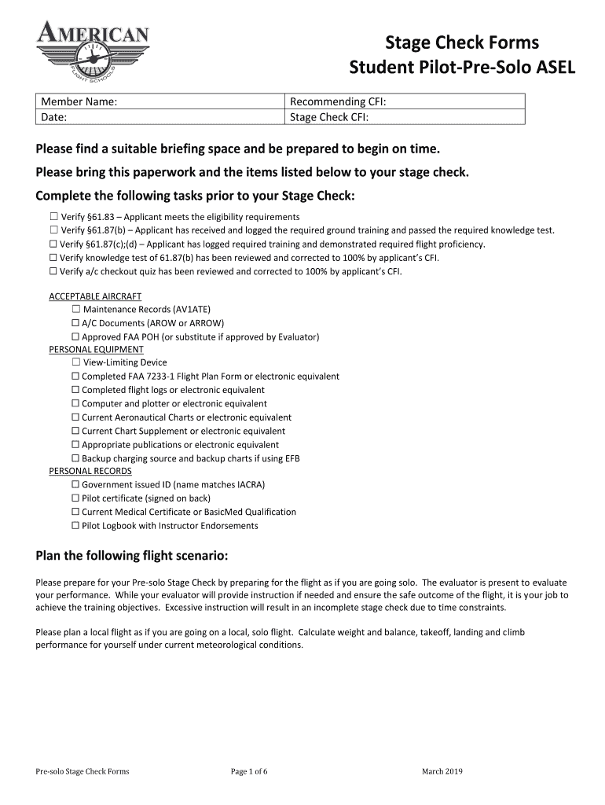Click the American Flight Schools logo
[92, 53]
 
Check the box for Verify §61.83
[53, 217]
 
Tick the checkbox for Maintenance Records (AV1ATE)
[76, 310]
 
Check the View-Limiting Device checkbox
[76, 362]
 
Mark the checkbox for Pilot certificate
[76, 498]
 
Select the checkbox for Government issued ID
[76, 484]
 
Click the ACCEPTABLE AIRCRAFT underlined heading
[95, 296]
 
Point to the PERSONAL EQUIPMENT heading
[96, 349]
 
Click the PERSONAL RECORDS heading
[90, 471]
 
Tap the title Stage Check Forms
[462, 42]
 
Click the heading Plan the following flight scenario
[132, 557]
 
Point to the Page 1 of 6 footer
[249, 771]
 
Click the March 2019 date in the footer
[442, 771]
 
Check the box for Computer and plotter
[76, 403]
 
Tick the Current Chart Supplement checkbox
[76, 431]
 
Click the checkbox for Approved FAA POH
[76, 337]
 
